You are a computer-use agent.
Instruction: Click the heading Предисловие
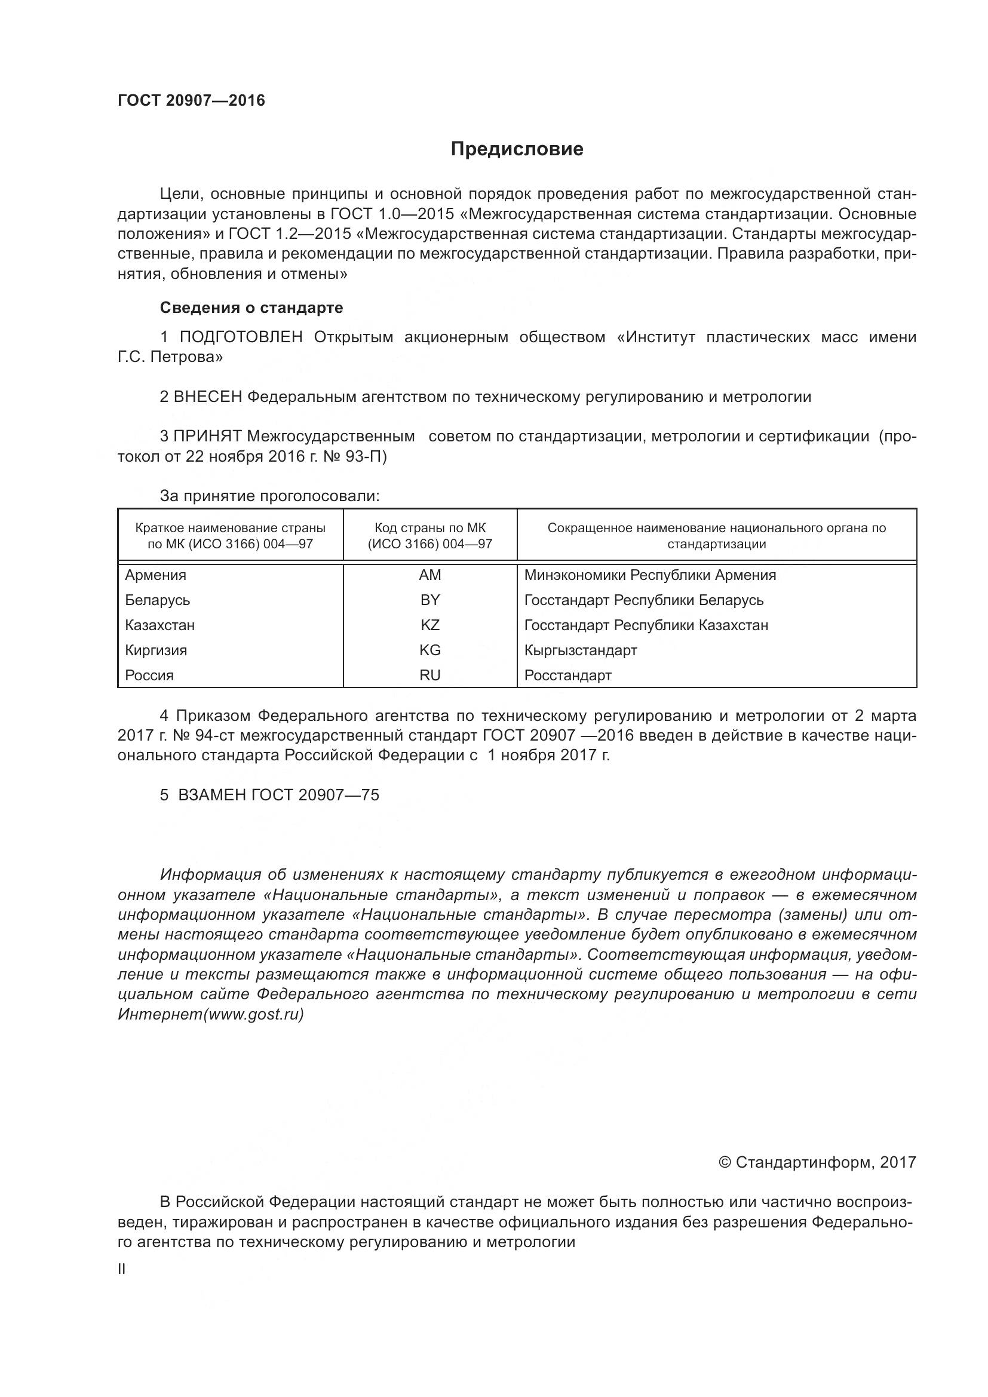tap(517, 149)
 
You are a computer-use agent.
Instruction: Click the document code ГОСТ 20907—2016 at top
tap(191, 100)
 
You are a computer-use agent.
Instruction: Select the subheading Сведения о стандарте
tap(251, 308)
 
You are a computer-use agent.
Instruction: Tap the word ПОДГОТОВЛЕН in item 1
tap(241, 337)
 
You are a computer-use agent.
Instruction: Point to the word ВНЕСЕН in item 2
tap(207, 397)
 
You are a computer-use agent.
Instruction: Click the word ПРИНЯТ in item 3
tap(207, 436)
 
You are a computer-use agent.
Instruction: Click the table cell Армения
tap(156, 575)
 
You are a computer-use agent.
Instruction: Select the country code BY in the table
tap(429, 600)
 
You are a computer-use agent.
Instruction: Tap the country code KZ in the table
tap(429, 625)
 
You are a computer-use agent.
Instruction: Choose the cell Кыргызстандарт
tap(581, 650)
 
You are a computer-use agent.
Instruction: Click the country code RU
tap(429, 675)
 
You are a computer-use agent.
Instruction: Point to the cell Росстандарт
tap(567, 675)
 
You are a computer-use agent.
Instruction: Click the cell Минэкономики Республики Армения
tap(650, 575)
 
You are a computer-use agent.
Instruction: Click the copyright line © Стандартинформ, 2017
tap(817, 1163)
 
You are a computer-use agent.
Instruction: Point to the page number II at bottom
tap(122, 1269)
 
